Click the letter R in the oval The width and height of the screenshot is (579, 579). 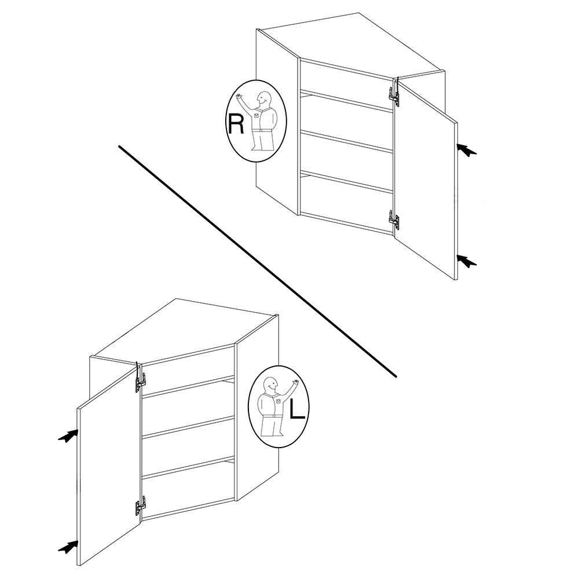click(236, 124)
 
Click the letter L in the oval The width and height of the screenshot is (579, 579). click(298, 409)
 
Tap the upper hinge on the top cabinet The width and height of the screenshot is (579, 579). click(394, 94)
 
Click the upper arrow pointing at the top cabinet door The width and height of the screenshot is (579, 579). click(467, 150)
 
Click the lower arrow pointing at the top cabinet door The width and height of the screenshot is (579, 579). click(467, 261)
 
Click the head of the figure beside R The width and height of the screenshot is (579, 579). click(264, 99)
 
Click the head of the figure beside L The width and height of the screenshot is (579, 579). click(271, 385)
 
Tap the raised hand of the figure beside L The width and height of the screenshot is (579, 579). click(295, 382)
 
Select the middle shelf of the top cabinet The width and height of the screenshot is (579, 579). click(346, 141)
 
